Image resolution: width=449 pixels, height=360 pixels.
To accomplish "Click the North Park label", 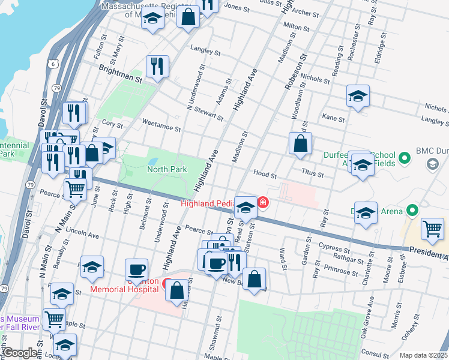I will pos(167,170).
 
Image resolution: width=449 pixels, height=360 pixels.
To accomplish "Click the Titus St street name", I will pos(312,175).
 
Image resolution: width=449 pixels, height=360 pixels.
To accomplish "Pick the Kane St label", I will pos(333,119).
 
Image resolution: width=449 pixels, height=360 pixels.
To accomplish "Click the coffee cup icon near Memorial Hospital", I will pos(136,270).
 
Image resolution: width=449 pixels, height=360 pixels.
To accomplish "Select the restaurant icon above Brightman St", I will pos(157,67).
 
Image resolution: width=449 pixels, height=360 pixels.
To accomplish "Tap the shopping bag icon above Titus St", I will pos(300,144).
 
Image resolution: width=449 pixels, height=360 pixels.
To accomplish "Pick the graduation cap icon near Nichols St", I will pos(357,96).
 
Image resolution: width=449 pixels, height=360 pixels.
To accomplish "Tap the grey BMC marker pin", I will pos(431,163).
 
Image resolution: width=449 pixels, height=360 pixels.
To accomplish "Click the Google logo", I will pos(20,353).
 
